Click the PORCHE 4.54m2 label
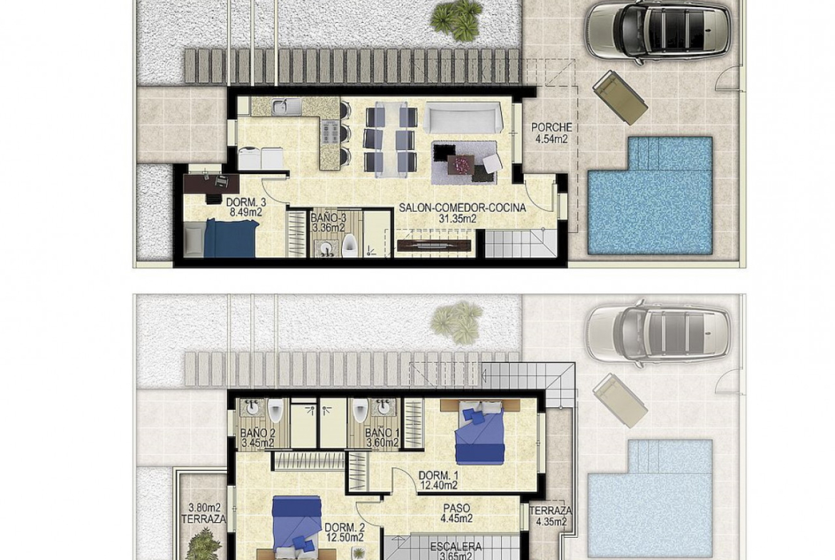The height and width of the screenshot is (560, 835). tap(552, 133)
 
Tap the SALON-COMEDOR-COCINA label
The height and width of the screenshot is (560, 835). tap(462, 213)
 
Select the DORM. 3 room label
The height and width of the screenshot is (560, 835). tap(246, 207)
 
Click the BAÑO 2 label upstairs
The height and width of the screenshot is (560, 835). tap(257, 437)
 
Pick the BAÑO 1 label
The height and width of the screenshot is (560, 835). tap(383, 437)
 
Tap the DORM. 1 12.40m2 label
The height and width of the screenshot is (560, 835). tap(438, 480)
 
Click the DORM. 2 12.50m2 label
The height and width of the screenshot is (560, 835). tap(345, 532)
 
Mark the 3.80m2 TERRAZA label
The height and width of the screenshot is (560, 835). tap(204, 514)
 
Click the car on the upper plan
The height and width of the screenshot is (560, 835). tap(658, 29)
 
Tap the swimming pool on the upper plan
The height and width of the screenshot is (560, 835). tap(649, 196)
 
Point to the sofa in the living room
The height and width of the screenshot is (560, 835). tap(464, 118)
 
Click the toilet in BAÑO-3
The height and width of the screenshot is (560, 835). tap(349, 247)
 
